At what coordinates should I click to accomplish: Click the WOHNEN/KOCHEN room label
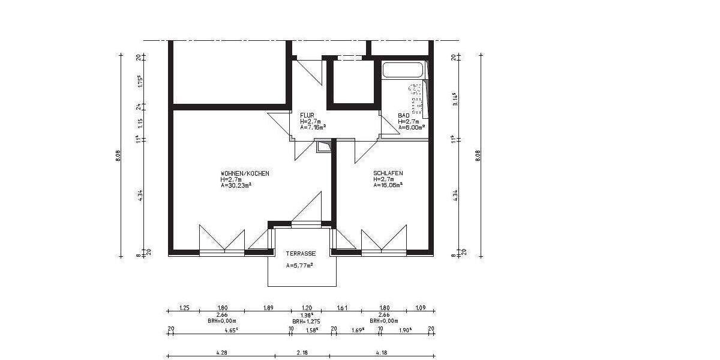(245, 173)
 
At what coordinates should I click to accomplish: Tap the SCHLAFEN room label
(388, 173)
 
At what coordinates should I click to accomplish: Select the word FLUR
(306, 115)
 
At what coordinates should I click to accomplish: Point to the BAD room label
(404, 115)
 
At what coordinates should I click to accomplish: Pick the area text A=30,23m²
(236, 185)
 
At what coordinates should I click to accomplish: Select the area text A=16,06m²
(388, 185)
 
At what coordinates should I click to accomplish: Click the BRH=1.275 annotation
(305, 321)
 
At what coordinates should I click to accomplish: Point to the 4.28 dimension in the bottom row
(221, 353)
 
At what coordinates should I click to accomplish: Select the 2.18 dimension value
(302, 353)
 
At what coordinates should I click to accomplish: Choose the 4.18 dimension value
(382, 353)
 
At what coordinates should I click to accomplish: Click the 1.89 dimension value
(268, 308)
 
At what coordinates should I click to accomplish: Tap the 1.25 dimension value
(184, 308)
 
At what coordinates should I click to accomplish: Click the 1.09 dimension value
(420, 308)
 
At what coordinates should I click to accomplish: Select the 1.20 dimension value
(305, 308)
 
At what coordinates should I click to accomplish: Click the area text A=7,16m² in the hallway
(313, 127)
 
